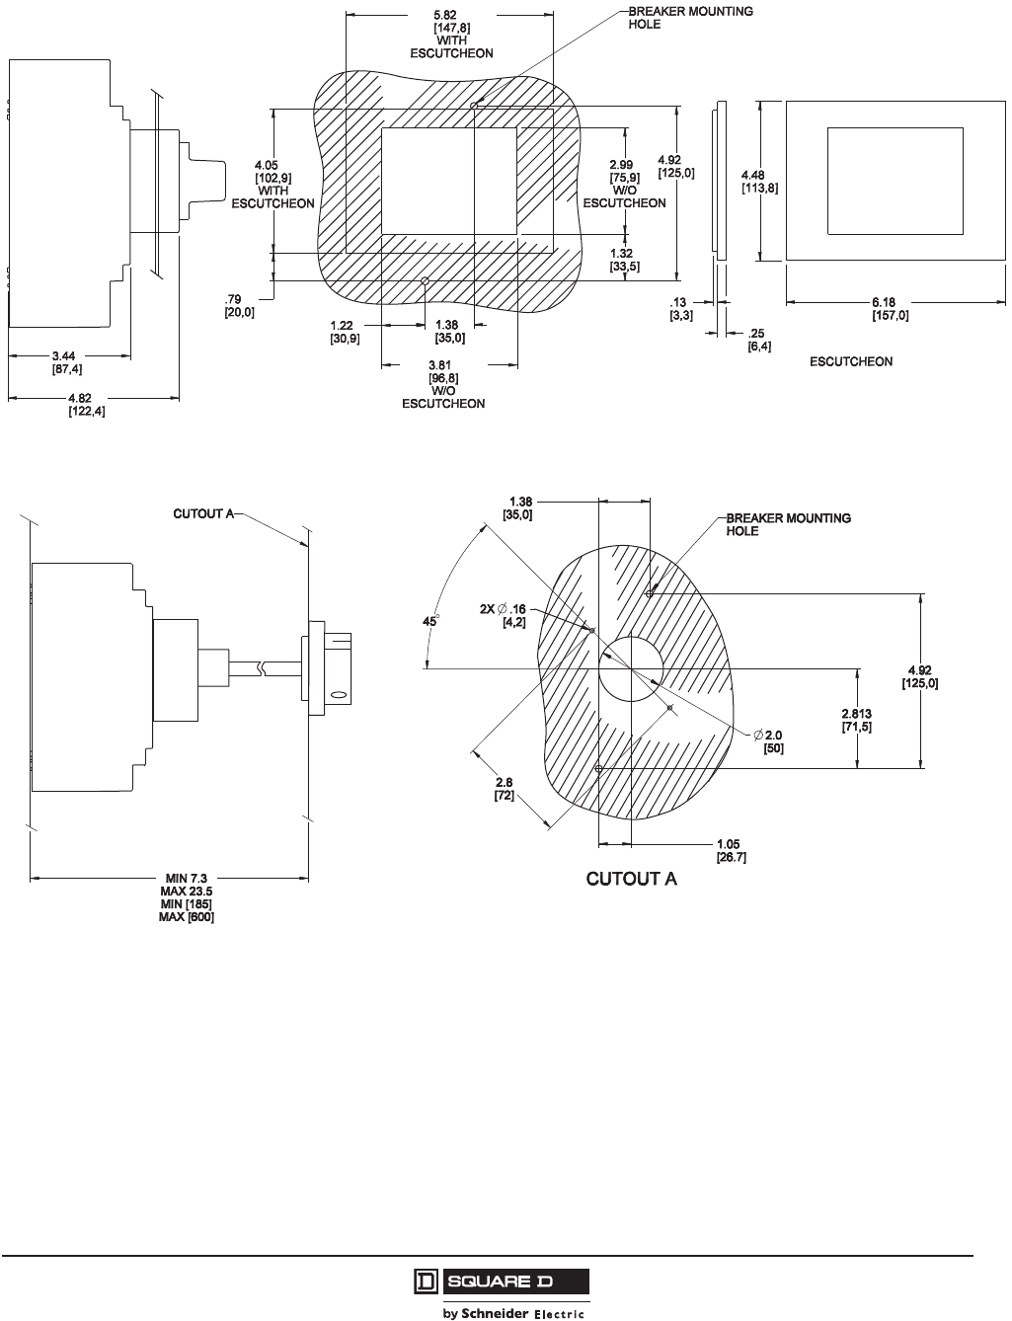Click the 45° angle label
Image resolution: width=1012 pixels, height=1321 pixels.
pos(430,621)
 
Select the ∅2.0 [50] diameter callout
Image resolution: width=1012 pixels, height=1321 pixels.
pos(770,742)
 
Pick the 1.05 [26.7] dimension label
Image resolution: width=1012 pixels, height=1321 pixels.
pos(731,851)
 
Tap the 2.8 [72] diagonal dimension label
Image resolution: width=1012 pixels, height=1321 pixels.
pos(504,788)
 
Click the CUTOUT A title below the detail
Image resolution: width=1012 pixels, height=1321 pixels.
pos(632,879)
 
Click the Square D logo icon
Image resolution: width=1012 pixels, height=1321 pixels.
pos(425,1282)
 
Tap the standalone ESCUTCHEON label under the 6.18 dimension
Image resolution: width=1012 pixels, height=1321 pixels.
pos(851,362)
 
